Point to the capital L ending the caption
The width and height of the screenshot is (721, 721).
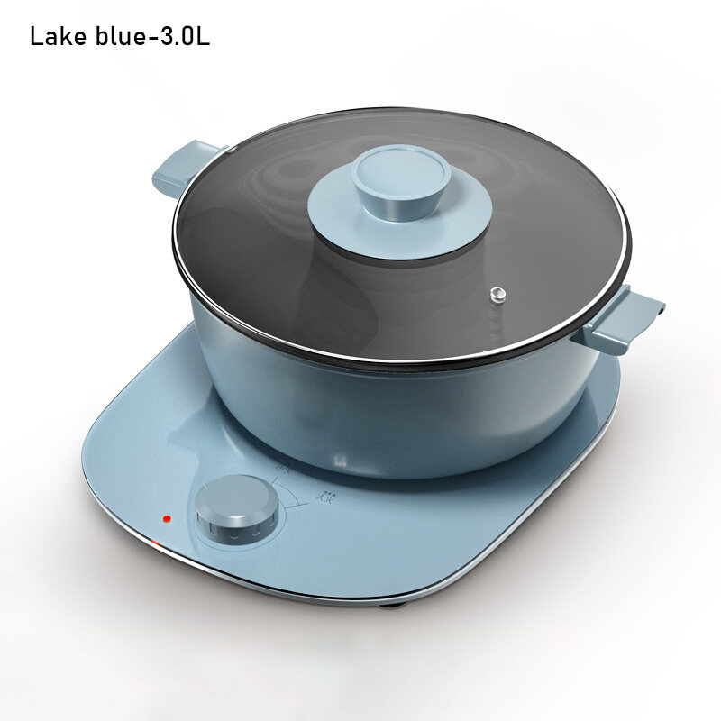click(204, 39)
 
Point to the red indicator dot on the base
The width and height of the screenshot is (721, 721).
click(166, 520)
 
